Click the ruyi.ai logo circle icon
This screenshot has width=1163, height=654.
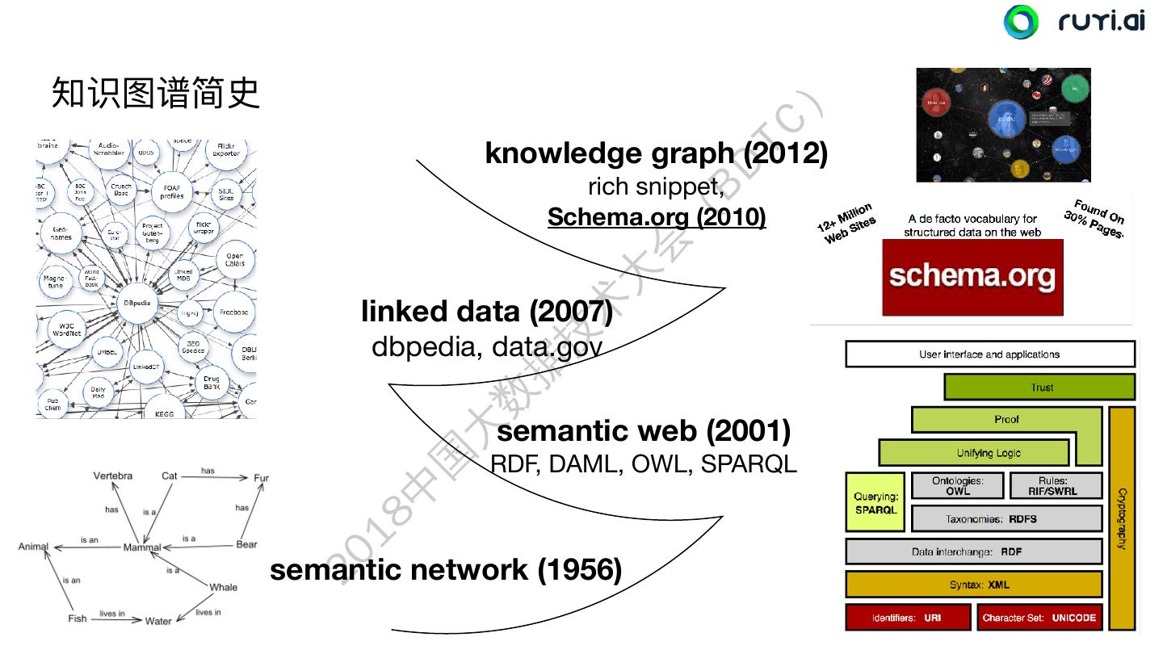coord(1021,22)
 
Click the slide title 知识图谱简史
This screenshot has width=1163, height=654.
coord(156,93)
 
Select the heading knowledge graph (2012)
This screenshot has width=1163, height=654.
coord(656,153)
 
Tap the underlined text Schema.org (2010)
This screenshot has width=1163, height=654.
coord(656,216)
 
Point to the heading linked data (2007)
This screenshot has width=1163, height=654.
coord(486,311)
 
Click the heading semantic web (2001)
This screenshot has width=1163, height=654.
coord(643,431)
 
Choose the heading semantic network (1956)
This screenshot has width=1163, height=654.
coord(445,570)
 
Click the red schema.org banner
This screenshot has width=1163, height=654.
coord(972,277)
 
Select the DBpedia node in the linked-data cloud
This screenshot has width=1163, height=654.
coord(136,304)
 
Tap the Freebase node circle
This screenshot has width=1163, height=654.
coord(233,311)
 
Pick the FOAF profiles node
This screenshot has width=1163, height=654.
coord(171,191)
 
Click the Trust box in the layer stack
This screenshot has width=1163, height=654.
coord(1042,388)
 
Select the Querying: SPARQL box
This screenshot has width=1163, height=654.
coord(875,502)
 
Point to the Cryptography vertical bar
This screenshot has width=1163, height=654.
coord(1121,518)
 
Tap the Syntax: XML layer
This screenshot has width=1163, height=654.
coord(973,585)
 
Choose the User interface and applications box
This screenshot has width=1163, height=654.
coord(989,354)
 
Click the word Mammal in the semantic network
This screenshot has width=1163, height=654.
coord(142,548)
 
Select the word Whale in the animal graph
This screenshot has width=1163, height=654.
coord(223,587)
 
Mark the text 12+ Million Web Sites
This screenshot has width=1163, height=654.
coord(846,224)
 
